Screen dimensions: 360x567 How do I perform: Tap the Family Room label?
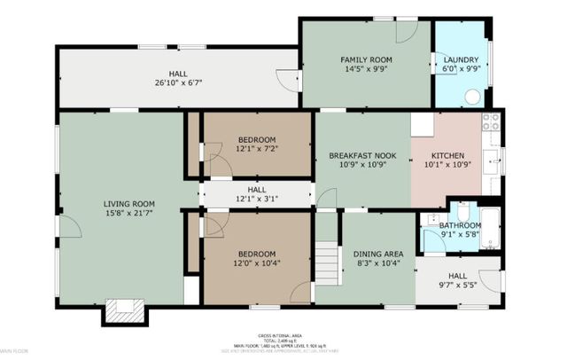tap(366, 60)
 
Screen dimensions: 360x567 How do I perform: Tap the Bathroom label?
tap(461, 225)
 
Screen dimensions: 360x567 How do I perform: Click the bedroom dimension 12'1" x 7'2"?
tap(257, 149)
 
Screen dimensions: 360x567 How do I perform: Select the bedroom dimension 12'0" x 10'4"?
tap(257, 263)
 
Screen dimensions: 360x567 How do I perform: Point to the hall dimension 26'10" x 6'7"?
tap(178, 83)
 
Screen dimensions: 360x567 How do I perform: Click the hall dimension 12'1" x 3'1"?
tap(257, 198)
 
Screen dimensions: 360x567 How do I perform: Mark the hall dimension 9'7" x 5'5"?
tap(457, 286)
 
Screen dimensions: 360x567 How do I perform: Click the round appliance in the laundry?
tap(473, 98)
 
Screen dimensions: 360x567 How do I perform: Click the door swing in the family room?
tap(406, 31)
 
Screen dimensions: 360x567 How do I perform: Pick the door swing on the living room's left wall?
tap(70, 226)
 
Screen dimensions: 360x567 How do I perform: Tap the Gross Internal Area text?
tap(283, 334)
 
